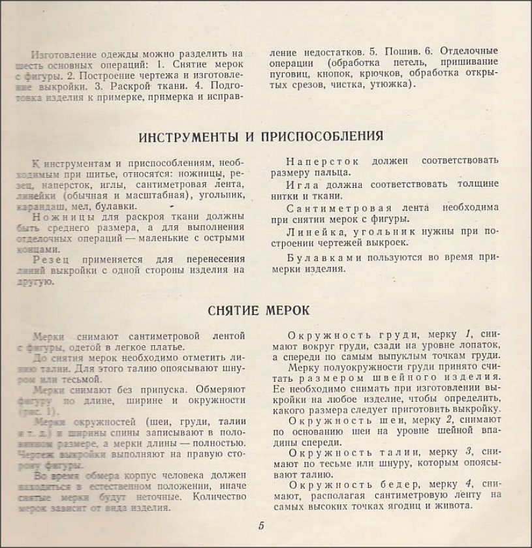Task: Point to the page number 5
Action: [x=260, y=526]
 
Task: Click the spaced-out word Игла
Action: [x=302, y=183]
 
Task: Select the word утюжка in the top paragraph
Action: [x=389, y=84]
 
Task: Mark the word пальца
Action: [x=333, y=172]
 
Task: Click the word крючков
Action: [x=371, y=73]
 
